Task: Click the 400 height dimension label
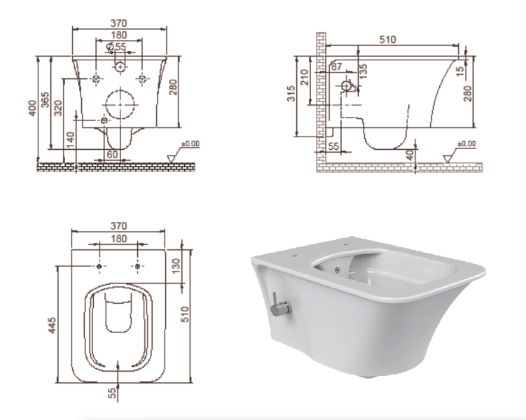(x=32, y=108)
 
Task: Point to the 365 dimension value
(x=45, y=99)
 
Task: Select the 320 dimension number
(x=58, y=108)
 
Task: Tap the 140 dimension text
(x=70, y=140)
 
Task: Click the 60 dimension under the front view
(x=112, y=154)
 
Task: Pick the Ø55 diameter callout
(x=116, y=47)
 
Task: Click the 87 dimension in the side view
(x=336, y=66)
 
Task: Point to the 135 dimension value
(x=363, y=71)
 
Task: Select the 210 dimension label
(x=304, y=77)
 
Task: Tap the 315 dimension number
(x=291, y=94)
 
